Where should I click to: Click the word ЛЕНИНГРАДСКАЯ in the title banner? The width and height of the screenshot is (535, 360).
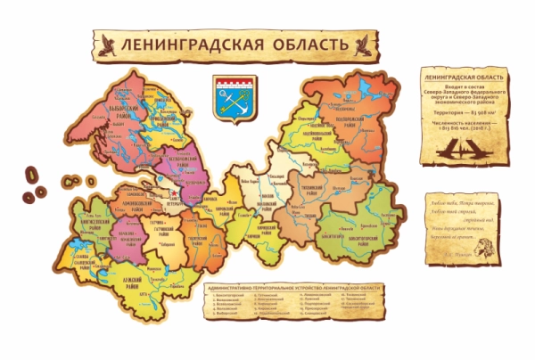[x=188, y=45]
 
